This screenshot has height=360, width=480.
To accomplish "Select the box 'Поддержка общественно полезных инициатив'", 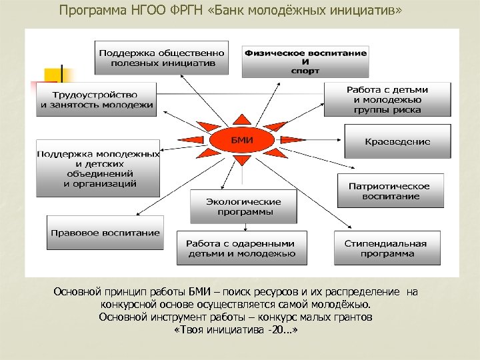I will point(161,57).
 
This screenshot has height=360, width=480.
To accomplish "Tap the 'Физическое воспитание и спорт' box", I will point(305,60).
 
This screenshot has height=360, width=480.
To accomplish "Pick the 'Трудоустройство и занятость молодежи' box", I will point(96,99).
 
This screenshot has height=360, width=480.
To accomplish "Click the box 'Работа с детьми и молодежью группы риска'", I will point(387,99).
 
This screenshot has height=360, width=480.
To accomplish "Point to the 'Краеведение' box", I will point(397,141).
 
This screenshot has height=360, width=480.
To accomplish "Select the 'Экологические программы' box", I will point(243,207).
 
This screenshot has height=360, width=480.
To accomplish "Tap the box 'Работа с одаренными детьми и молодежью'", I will point(241,248).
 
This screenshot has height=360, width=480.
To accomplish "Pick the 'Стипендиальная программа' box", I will point(388,248).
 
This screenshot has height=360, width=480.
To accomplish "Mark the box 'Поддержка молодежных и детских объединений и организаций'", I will point(98,168).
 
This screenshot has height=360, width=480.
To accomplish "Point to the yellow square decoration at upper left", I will point(52,75).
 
